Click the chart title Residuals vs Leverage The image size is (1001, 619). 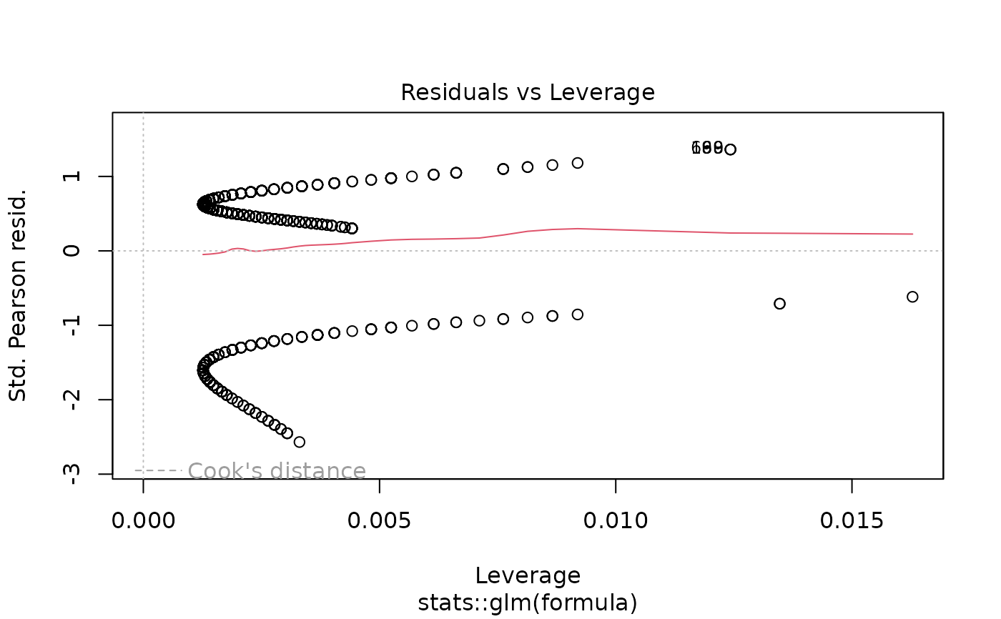[x=528, y=93]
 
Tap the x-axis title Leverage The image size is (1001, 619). [x=528, y=575]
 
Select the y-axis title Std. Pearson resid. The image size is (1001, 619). [x=19, y=294]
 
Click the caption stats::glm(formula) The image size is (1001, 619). [x=528, y=603]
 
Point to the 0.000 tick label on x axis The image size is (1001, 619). [x=143, y=520]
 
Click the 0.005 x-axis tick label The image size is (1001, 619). [x=379, y=520]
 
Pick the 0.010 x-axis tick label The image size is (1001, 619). [x=616, y=520]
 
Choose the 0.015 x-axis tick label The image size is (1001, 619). [x=852, y=520]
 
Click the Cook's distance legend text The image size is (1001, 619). [x=277, y=472]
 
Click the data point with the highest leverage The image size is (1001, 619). [x=912, y=297]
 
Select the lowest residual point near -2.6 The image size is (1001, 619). [x=300, y=442]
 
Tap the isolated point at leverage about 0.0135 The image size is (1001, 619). [x=779, y=304]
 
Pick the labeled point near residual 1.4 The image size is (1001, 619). [x=730, y=149]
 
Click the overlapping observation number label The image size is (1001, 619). [x=708, y=148]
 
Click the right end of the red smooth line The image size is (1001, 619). [x=912, y=234]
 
